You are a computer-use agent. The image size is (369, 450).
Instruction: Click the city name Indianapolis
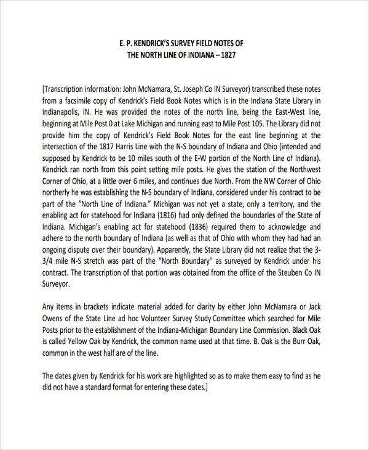point(65,112)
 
